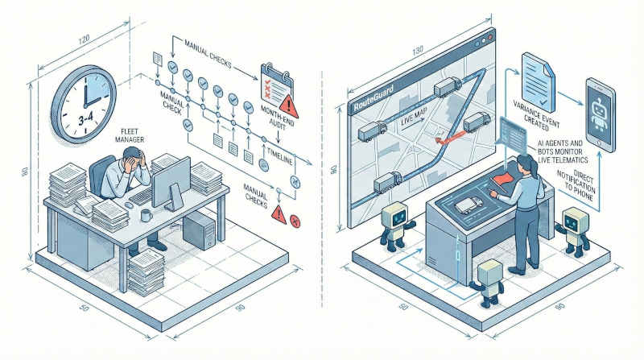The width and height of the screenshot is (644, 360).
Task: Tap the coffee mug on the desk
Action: click(x=146, y=215)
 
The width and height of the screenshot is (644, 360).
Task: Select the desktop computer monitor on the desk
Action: click(x=170, y=181)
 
